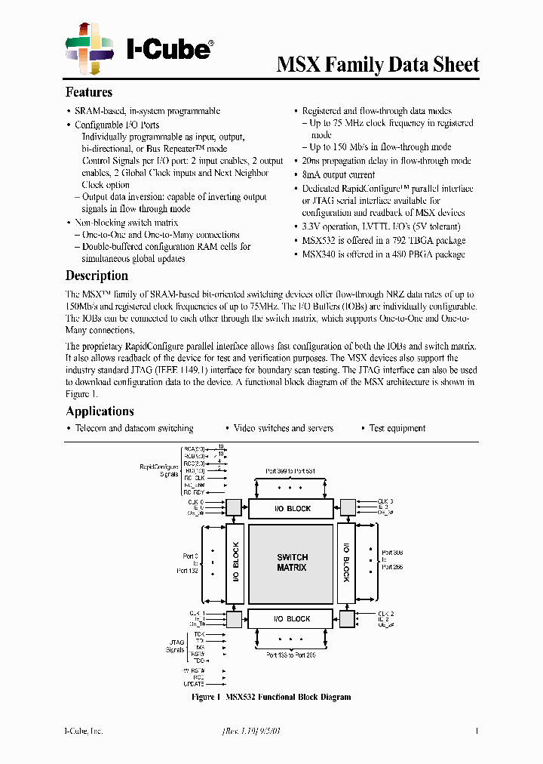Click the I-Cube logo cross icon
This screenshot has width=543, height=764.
90,48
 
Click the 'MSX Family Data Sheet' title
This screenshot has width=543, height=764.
378,65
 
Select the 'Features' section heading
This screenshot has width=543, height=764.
89,92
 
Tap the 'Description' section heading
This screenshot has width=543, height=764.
97,276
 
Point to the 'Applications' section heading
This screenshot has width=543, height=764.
100,411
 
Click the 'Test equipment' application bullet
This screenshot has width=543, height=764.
397,428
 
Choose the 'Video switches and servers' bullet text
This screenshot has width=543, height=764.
283,428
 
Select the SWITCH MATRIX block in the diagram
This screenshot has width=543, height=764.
292,562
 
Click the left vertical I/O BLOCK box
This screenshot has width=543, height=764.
235,564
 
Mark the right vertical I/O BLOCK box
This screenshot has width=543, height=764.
346,564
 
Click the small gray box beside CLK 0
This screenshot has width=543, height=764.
235,507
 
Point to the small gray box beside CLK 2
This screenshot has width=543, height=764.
347,619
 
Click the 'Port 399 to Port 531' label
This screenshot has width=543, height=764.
290,471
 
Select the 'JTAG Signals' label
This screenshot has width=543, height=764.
175,645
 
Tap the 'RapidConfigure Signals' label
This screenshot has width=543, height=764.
158,470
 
